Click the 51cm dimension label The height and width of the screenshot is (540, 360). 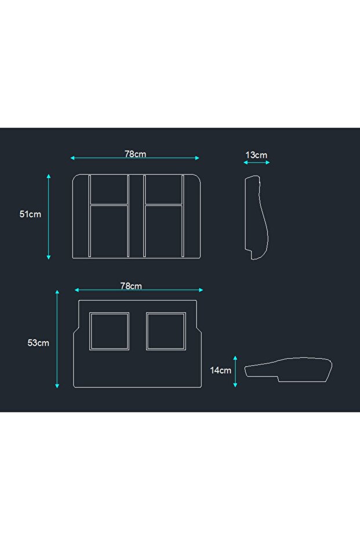coord(30,214)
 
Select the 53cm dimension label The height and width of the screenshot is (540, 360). coord(38,343)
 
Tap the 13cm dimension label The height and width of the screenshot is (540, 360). coord(256,155)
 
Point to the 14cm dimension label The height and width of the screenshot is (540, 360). coord(221,371)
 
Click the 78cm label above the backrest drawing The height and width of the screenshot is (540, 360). coord(135,154)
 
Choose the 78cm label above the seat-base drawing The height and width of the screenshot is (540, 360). coord(131,286)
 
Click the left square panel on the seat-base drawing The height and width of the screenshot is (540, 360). coord(110,313)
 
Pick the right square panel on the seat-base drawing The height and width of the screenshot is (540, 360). coord(166,313)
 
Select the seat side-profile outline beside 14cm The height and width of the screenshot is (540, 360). coord(288,358)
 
